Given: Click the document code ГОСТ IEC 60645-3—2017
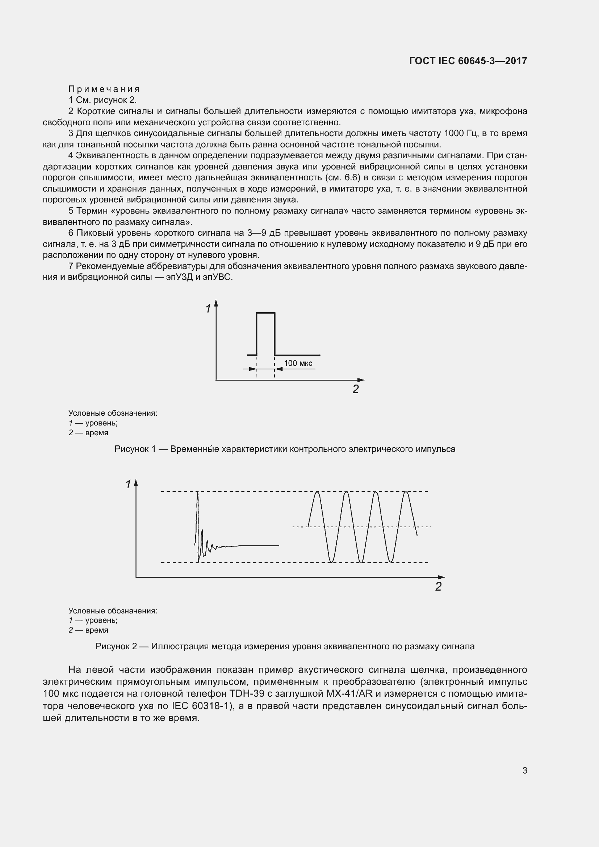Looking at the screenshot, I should pyautogui.click(x=468, y=61).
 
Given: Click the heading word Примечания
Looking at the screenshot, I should pyautogui.click(x=104, y=89).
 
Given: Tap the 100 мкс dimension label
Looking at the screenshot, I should pyautogui.click(x=298, y=363).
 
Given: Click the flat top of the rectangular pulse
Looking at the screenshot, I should pyautogui.click(x=265, y=313).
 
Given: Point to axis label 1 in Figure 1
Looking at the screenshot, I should pyautogui.click(x=208, y=309).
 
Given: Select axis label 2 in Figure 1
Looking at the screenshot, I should pyautogui.click(x=356, y=389).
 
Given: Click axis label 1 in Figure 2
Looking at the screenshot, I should pyautogui.click(x=128, y=485).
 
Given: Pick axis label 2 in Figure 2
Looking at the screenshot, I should pyautogui.click(x=438, y=587).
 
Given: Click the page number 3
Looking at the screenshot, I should pyautogui.click(x=524, y=770).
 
